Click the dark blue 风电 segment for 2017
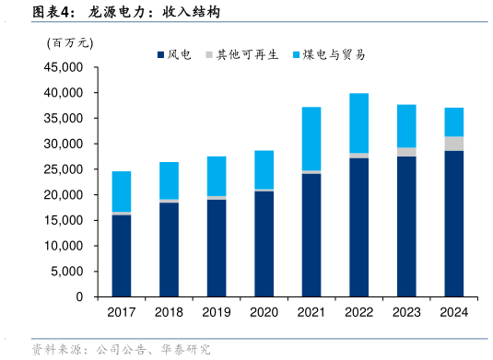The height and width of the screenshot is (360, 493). (x=121, y=256)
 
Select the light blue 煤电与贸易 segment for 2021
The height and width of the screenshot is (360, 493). (x=311, y=139)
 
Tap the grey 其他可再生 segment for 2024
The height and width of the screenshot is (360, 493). (x=454, y=143)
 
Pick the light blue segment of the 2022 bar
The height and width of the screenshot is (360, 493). (x=359, y=122)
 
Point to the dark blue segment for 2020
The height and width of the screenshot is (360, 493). (x=264, y=244)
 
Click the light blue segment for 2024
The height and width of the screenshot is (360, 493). (x=454, y=122)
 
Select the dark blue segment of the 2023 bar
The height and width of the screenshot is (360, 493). (x=406, y=226)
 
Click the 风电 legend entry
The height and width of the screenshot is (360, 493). (x=173, y=55)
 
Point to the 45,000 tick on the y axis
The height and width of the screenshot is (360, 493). (x=65, y=68)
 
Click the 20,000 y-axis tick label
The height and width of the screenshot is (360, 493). (x=65, y=195)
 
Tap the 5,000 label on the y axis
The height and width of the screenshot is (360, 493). (x=68, y=273)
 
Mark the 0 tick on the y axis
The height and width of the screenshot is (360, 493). (x=79, y=297)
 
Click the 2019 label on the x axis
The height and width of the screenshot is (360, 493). (x=217, y=313)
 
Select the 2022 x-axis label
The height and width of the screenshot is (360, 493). (x=359, y=313)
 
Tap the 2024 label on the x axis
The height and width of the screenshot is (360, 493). (x=454, y=313)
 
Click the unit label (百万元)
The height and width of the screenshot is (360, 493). (x=70, y=41)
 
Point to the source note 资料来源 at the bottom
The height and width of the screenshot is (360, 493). (x=120, y=349)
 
